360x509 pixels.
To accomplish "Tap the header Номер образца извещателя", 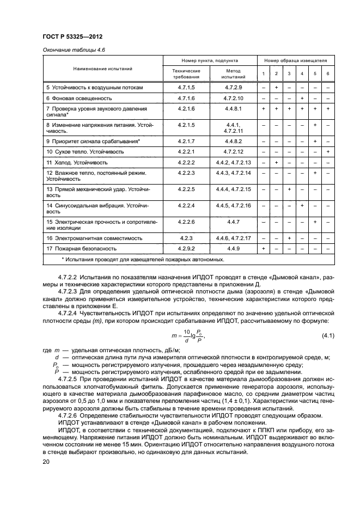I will [x=295, y=60].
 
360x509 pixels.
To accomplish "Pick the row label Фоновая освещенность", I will [x=79, y=99].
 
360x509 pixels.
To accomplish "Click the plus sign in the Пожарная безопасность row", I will [x=263, y=249].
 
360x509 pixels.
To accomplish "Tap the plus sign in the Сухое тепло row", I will [x=328, y=151].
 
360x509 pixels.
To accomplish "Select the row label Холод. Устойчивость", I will [x=77, y=162].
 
